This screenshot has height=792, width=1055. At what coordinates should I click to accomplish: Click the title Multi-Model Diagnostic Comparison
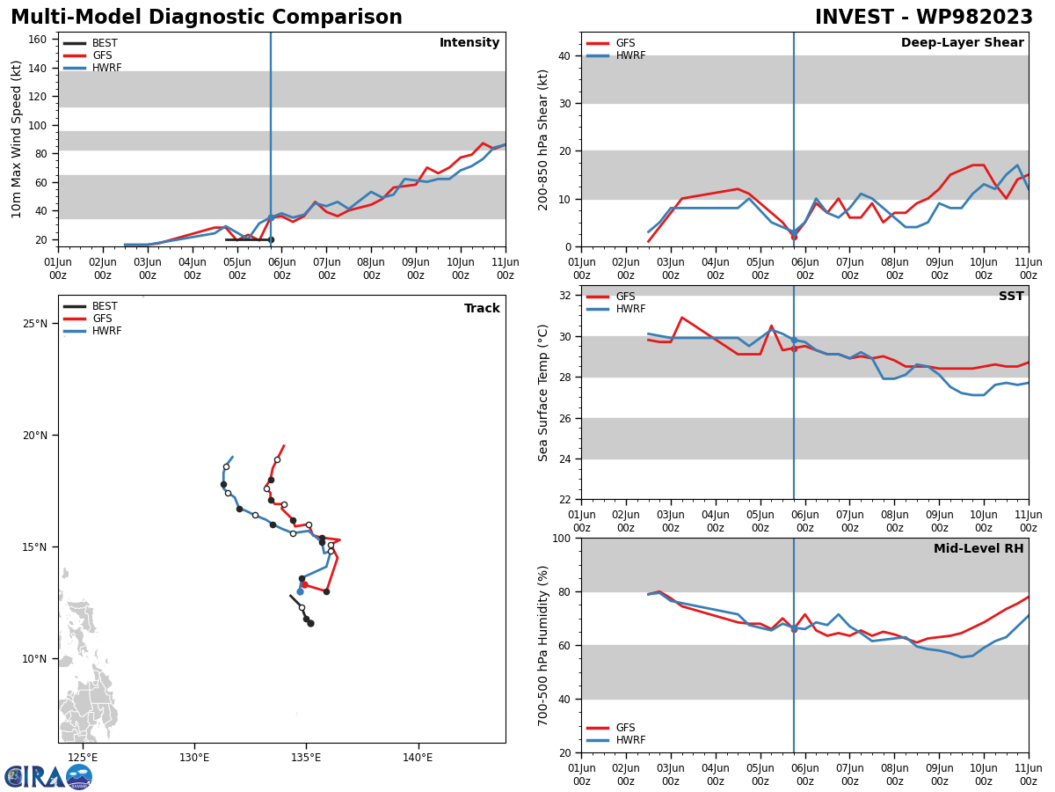pos(207,18)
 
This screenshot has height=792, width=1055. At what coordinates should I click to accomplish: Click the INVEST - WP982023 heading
pos(923,18)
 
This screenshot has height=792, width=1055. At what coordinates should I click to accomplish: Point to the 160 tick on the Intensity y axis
pos(38,40)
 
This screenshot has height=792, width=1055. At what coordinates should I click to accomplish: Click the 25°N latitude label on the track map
pos(35,324)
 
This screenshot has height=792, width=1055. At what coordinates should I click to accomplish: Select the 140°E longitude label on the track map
pos(417,758)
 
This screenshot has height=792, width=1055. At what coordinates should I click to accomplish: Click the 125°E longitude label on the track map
pos(82,758)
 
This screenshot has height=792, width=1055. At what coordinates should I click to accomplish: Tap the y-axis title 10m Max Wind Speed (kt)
pos(17,139)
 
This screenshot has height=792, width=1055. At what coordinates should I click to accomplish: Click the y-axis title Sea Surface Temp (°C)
pos(543,392)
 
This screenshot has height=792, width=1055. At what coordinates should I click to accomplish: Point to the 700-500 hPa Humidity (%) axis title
pos(543,645)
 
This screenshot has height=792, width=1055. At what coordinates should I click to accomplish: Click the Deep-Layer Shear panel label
pos(962,43)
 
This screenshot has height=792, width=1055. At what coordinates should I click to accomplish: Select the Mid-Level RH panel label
pos(979,549)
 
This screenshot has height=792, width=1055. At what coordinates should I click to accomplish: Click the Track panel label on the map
pos(482,309)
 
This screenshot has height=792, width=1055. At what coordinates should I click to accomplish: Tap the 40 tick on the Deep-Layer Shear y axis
pos(564,56)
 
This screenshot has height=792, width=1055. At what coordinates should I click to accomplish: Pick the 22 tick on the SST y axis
pos(564,500)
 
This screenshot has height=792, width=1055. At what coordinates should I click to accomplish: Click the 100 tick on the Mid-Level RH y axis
pos(560,538)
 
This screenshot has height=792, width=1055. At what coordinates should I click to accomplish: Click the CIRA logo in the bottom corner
pos(47,776)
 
